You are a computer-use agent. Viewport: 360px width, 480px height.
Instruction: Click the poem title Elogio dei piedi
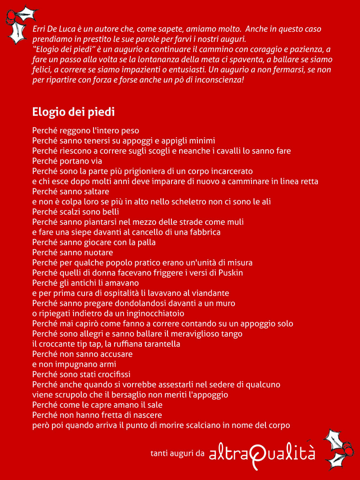pos(73,112)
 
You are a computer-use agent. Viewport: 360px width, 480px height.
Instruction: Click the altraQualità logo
pos(262,454)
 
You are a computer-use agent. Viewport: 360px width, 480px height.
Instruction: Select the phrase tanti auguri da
pos(177,453)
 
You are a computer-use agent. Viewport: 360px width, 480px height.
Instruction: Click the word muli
pos(235,222)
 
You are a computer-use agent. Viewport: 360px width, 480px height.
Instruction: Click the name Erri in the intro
pos(39,29)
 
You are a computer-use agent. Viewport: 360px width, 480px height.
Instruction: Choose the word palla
pos(146,242)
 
